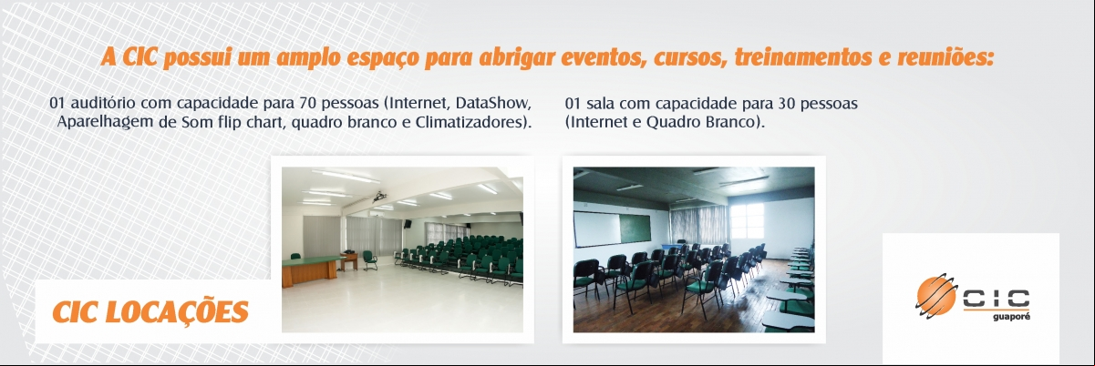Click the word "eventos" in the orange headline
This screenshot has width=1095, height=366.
[x=600, y=57]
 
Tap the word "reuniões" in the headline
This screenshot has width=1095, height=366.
[x=945, y=57]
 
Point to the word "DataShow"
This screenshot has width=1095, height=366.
[x=493, y=103]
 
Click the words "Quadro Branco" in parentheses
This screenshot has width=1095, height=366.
[x=701, y=122]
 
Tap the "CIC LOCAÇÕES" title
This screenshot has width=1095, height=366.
[x=150, y=311]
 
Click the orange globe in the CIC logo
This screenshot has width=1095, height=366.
[x=936, y=295]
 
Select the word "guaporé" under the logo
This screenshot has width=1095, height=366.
[x=1011, y=317]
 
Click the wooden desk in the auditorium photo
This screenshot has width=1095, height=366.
[x=312, y=269]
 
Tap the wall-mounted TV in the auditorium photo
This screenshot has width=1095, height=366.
[x=408, y=224]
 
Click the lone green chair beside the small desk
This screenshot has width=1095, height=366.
[x=369, y=260]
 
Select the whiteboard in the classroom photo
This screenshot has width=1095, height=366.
[x=597, y=229]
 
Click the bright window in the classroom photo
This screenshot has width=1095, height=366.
[x=747, y=221]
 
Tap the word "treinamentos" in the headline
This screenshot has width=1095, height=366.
[x=803, y=57]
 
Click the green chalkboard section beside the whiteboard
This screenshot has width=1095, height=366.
[x=635, y=228]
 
